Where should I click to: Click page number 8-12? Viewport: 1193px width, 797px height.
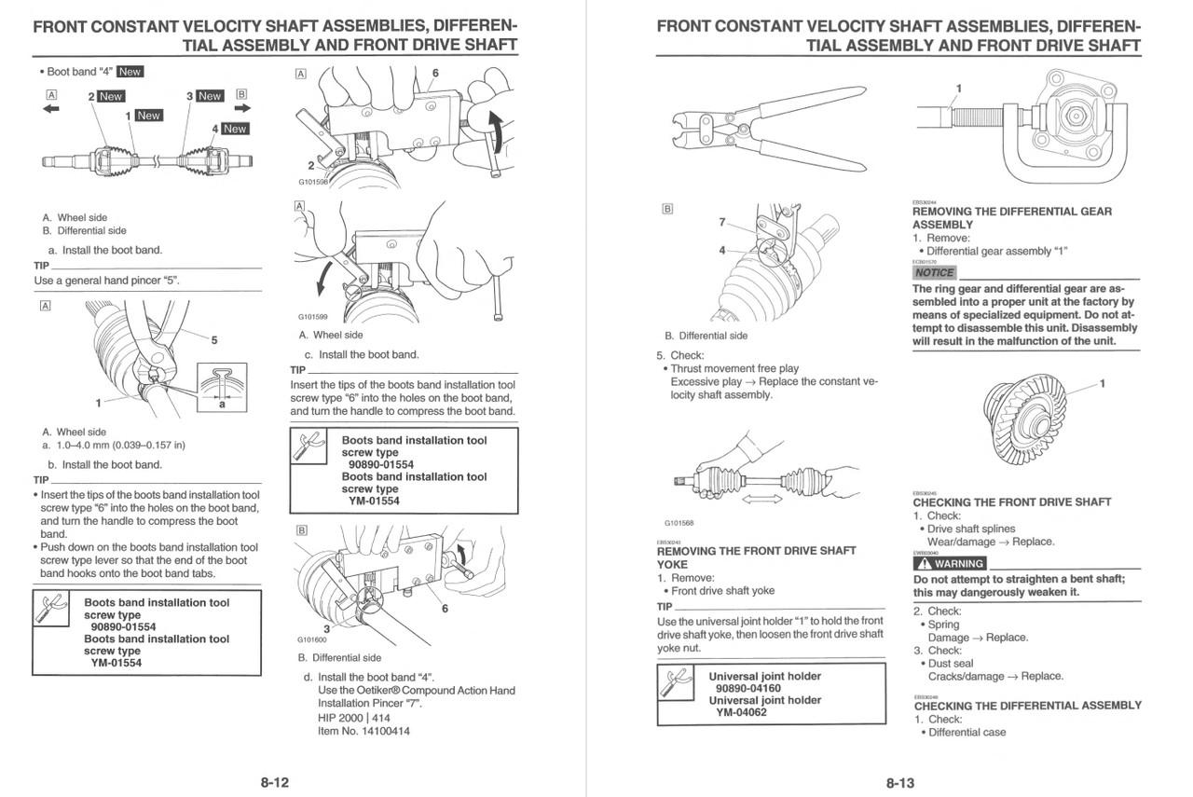[x=274, y=783]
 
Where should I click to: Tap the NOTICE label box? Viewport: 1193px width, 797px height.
[x=934, y=273]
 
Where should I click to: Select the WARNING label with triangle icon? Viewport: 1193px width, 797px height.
[x=949, y=563]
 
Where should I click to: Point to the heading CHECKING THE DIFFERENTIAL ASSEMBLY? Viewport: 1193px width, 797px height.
[x=1027, y=706]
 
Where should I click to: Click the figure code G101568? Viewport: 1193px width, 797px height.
[x=679, y=523]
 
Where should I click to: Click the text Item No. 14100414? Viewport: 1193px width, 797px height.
[x=363, y=731]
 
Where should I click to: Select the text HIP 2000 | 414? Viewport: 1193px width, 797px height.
[x=354, y=718]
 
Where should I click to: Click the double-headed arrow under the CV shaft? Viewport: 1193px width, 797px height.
[x=762, y=500]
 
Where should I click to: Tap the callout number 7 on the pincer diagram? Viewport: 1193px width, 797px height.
[x=721, y=222]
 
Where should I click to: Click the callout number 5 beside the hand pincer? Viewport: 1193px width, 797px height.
[x=213, y=341]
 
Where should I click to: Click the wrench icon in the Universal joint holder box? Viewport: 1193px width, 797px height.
[x=678, y=683]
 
